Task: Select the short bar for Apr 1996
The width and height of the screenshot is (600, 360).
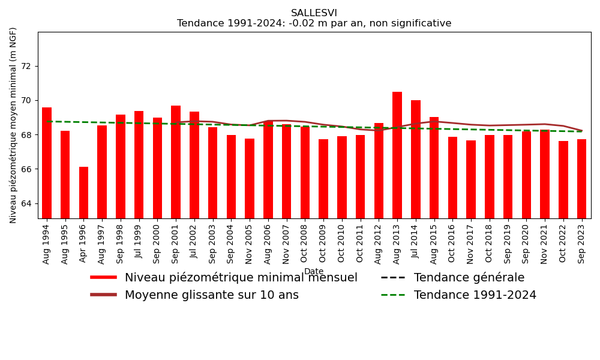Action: point(83,193)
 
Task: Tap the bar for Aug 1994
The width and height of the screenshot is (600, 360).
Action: point(47,163)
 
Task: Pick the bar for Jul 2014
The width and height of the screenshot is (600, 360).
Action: point(416,159)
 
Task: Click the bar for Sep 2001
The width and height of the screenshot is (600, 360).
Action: point(176,162)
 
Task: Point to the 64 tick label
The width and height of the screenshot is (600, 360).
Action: point(27,203)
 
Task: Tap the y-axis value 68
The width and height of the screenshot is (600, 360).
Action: point(27,135)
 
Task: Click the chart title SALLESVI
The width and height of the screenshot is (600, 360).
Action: point(314,13)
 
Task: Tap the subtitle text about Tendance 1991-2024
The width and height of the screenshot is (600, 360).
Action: point(314,24)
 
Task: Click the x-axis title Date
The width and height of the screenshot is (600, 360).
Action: point(314,272)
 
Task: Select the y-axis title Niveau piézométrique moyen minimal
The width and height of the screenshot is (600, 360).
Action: point(14,125)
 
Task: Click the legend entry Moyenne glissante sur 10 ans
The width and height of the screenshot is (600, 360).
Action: point(211,295)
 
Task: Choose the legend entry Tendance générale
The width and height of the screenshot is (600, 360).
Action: point(469,278)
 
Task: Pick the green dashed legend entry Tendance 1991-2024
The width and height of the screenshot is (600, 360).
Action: point(475,295)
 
